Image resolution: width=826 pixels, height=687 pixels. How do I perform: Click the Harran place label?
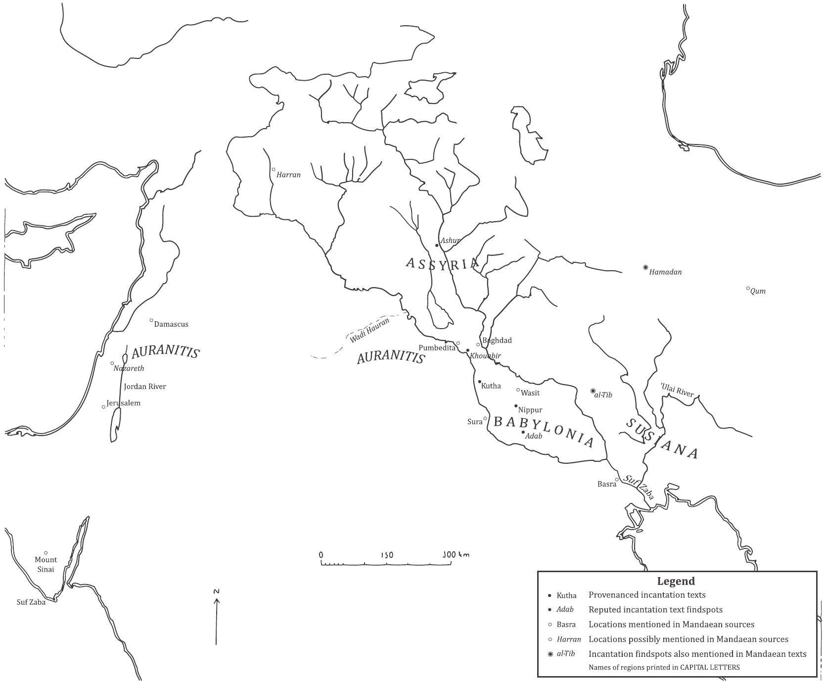point(288,175)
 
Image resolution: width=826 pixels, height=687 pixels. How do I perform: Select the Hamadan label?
point(665,272)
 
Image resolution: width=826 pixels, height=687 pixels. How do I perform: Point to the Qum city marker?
point(748,289)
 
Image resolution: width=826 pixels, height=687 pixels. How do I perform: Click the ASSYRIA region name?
point(442,263)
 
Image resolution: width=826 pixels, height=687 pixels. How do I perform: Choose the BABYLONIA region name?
point(544,431)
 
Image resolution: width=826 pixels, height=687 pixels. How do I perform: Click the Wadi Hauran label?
point(369,330)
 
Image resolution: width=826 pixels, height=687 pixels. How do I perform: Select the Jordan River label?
point(145,387)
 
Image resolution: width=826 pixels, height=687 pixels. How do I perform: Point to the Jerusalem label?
point(124,403)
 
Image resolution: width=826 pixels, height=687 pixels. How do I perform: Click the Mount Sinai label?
point(46,564)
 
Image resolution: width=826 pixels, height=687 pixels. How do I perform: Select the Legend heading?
point(676,581)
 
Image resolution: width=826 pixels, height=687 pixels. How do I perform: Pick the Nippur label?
point(530,410)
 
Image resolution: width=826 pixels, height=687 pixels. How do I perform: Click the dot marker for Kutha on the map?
point(479,382)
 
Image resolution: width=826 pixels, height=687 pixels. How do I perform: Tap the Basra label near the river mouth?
point(606,484)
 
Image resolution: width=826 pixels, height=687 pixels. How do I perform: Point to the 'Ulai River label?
point(677,390)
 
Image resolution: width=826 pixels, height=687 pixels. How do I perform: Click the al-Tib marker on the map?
point(593,391)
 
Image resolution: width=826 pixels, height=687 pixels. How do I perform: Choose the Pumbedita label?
point(437,348)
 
